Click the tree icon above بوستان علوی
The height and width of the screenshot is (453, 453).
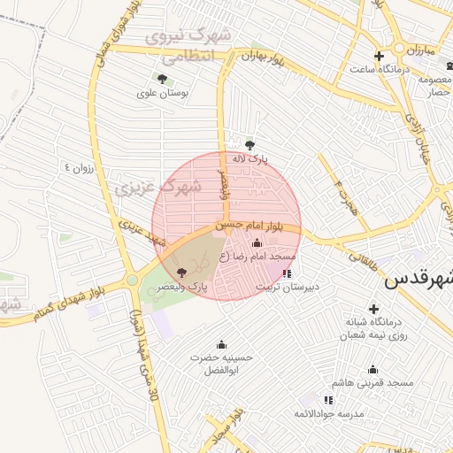click(x=161, y=79)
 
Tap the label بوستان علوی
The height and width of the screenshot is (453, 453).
click(x=160, y=93)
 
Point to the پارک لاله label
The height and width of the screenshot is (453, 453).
click(x=250, y=159)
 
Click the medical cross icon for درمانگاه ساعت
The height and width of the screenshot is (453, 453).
click(x=379, y=56)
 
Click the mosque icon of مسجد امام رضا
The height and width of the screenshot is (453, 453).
click(x=257, y=243)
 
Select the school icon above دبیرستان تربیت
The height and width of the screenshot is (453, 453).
click(x=287, y=273)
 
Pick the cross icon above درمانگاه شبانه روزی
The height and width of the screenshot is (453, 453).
click(x=372, y=309)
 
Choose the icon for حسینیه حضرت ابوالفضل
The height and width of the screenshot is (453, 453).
click(x=221, y=345)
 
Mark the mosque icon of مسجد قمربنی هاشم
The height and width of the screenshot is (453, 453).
click(x=372, y=370)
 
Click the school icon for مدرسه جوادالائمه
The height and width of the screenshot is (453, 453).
click(x=328, y=400)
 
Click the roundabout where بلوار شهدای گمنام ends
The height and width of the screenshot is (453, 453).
click(x=132, y=280)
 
